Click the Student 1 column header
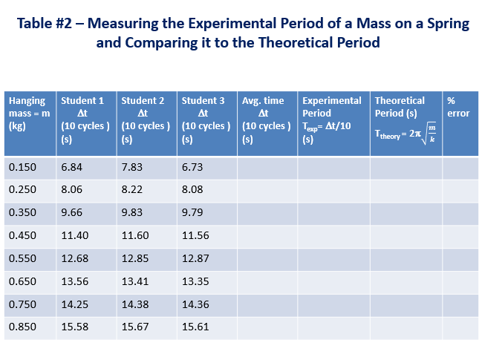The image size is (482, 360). tap(86, 119)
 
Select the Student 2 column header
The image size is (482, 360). tap(146, 119)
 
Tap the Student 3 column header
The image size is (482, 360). tap(206, 119)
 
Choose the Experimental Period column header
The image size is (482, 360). tap(333, 119)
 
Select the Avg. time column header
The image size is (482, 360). tap(267, 119)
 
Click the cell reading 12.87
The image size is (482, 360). tap(195, 259)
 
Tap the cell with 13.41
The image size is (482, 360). tap(134, 282)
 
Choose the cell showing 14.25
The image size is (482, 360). tap(74, 305)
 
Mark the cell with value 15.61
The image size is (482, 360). tap(195, 328)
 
